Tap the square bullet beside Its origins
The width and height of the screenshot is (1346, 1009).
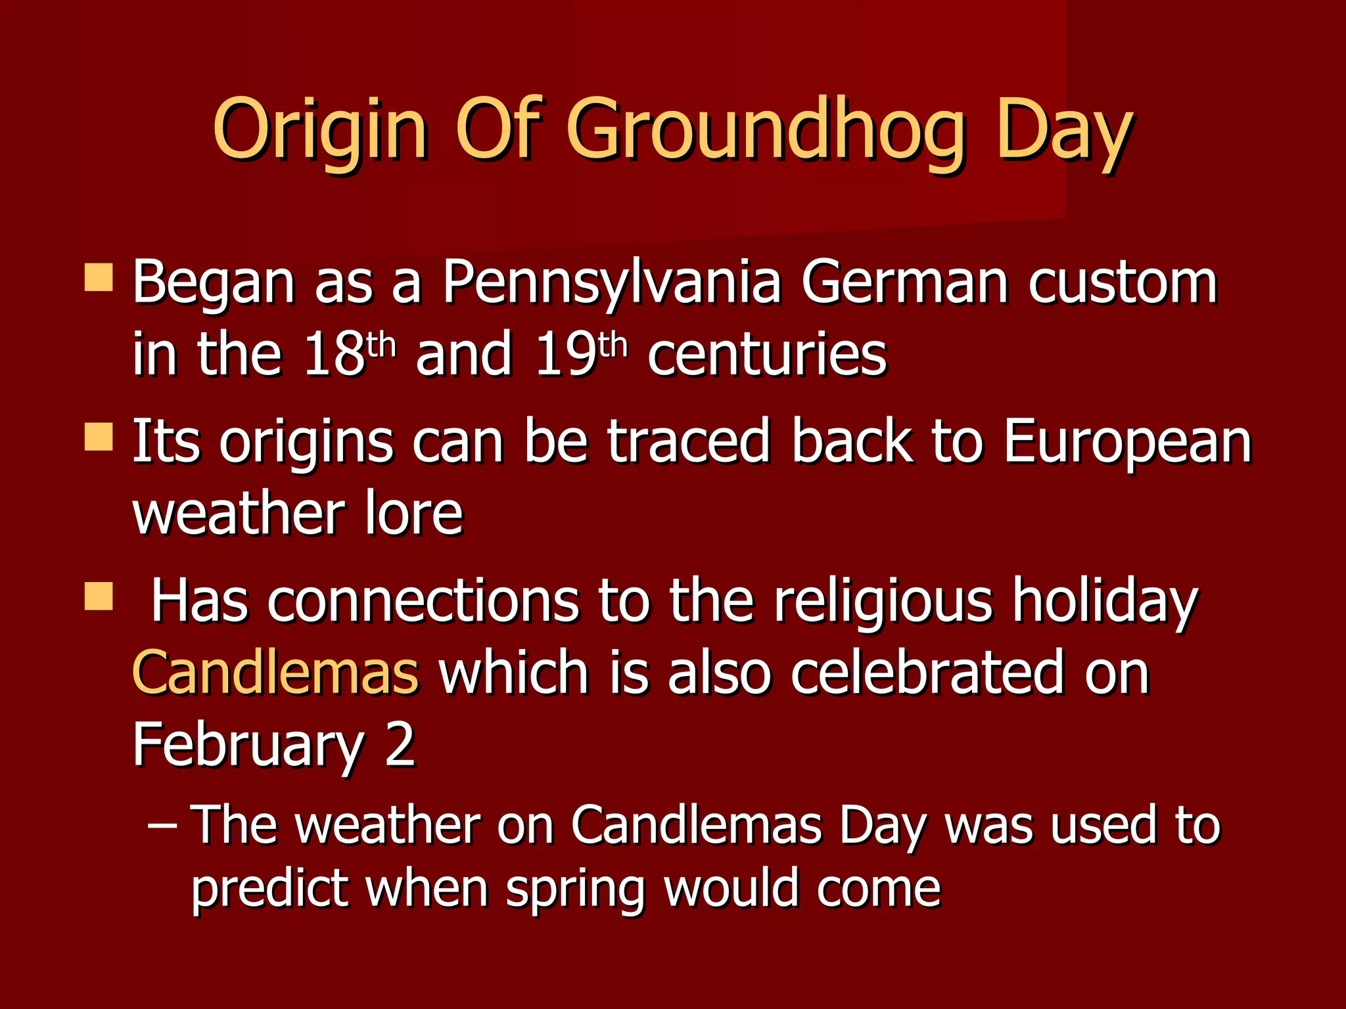pos(99,437)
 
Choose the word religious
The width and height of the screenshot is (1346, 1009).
pos(883,601)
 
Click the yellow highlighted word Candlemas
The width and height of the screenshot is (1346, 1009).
pos(275,672)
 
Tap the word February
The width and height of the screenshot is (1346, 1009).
pos(248,744)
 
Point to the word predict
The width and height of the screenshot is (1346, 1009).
pos(269,888)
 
